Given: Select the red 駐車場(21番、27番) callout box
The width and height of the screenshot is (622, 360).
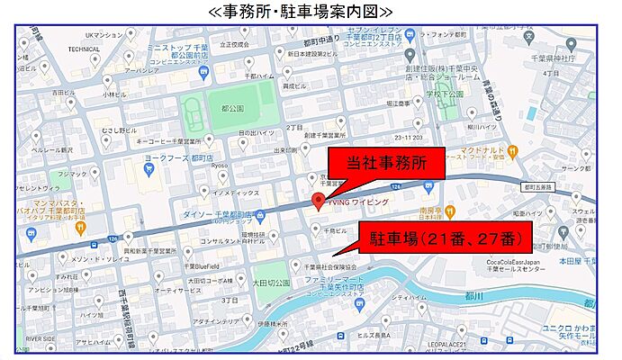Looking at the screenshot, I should (x=446, y=238).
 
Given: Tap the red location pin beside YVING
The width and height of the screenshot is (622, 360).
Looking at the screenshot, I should (x=317, y=202).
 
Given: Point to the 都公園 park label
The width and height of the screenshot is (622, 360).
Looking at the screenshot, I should (x=231, y=108).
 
